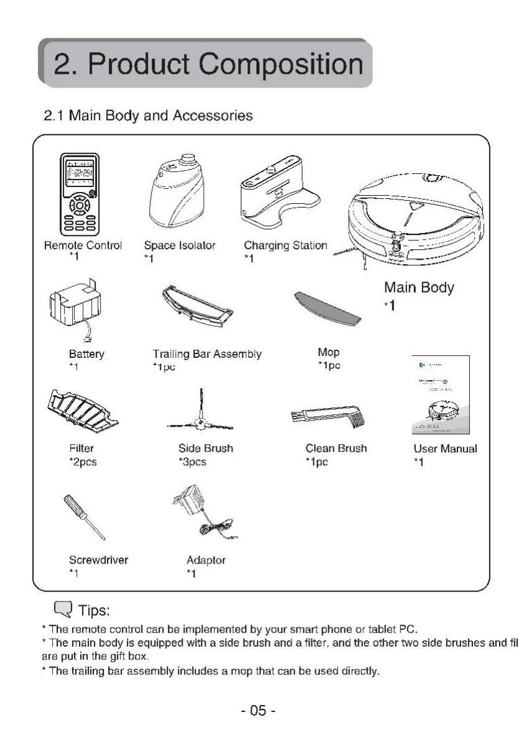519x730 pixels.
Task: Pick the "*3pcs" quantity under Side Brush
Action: point(192,462)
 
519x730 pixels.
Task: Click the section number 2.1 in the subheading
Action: point(54,116)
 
